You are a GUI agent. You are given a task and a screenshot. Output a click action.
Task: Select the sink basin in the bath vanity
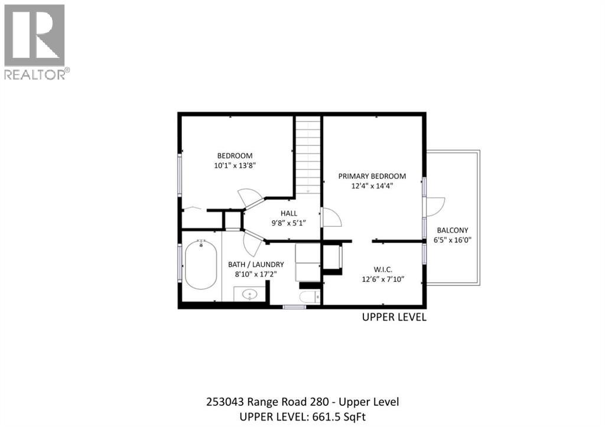tap(249, 294)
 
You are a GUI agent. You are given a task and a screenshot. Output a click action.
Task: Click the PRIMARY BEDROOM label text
tap(372, 176)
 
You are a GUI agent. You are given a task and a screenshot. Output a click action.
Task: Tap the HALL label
tap(289, 213)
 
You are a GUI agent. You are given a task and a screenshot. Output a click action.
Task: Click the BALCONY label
tap(453, 230)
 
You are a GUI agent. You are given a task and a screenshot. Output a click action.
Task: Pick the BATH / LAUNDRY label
tap(256, 264)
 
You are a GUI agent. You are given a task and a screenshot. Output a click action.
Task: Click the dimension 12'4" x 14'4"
tap(373, 185)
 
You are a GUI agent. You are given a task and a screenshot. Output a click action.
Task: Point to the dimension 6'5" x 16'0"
tap(453, 240)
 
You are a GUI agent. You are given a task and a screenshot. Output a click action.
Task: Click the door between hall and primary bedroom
tap(331, 218)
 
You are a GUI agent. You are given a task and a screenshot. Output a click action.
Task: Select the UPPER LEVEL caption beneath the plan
tap(393, 317)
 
